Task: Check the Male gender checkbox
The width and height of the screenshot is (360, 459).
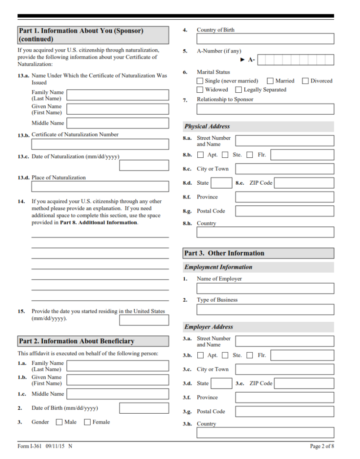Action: click(x=59, y=422)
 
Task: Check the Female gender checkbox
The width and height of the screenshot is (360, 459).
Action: click(x=87, y=422)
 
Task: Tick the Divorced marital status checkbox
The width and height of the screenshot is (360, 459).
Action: click(x=305, y=81)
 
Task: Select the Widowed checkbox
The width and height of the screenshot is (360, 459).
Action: click(x=200, y=90)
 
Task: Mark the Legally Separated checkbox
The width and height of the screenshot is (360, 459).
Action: click(x=239, y=90)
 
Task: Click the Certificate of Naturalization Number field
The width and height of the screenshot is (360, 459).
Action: click(x=100, y=144)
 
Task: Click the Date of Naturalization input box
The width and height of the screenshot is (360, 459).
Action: click(x=144, y=165)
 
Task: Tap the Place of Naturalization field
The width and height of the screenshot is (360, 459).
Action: click(x=100, y=186)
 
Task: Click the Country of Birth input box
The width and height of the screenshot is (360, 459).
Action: click(x=265, y=39)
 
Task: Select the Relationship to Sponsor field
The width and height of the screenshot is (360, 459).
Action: click(x=265, y=109)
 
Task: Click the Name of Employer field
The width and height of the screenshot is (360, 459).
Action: click(x=265, y=288)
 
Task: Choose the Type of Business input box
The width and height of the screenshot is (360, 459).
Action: click(x=265, y=309)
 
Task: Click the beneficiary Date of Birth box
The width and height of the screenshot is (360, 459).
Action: click(x=144, y=408)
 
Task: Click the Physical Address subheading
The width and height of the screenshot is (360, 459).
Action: click(x=207, y=126)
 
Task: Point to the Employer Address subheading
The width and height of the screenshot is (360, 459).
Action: click(x=209, y=327)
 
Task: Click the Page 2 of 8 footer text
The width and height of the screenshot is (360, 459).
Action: click(x=322, y=446)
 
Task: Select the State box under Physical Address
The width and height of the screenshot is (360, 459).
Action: click(x=221, y=183)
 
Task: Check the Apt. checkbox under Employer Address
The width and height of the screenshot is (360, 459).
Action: click(x=200, y=355)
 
